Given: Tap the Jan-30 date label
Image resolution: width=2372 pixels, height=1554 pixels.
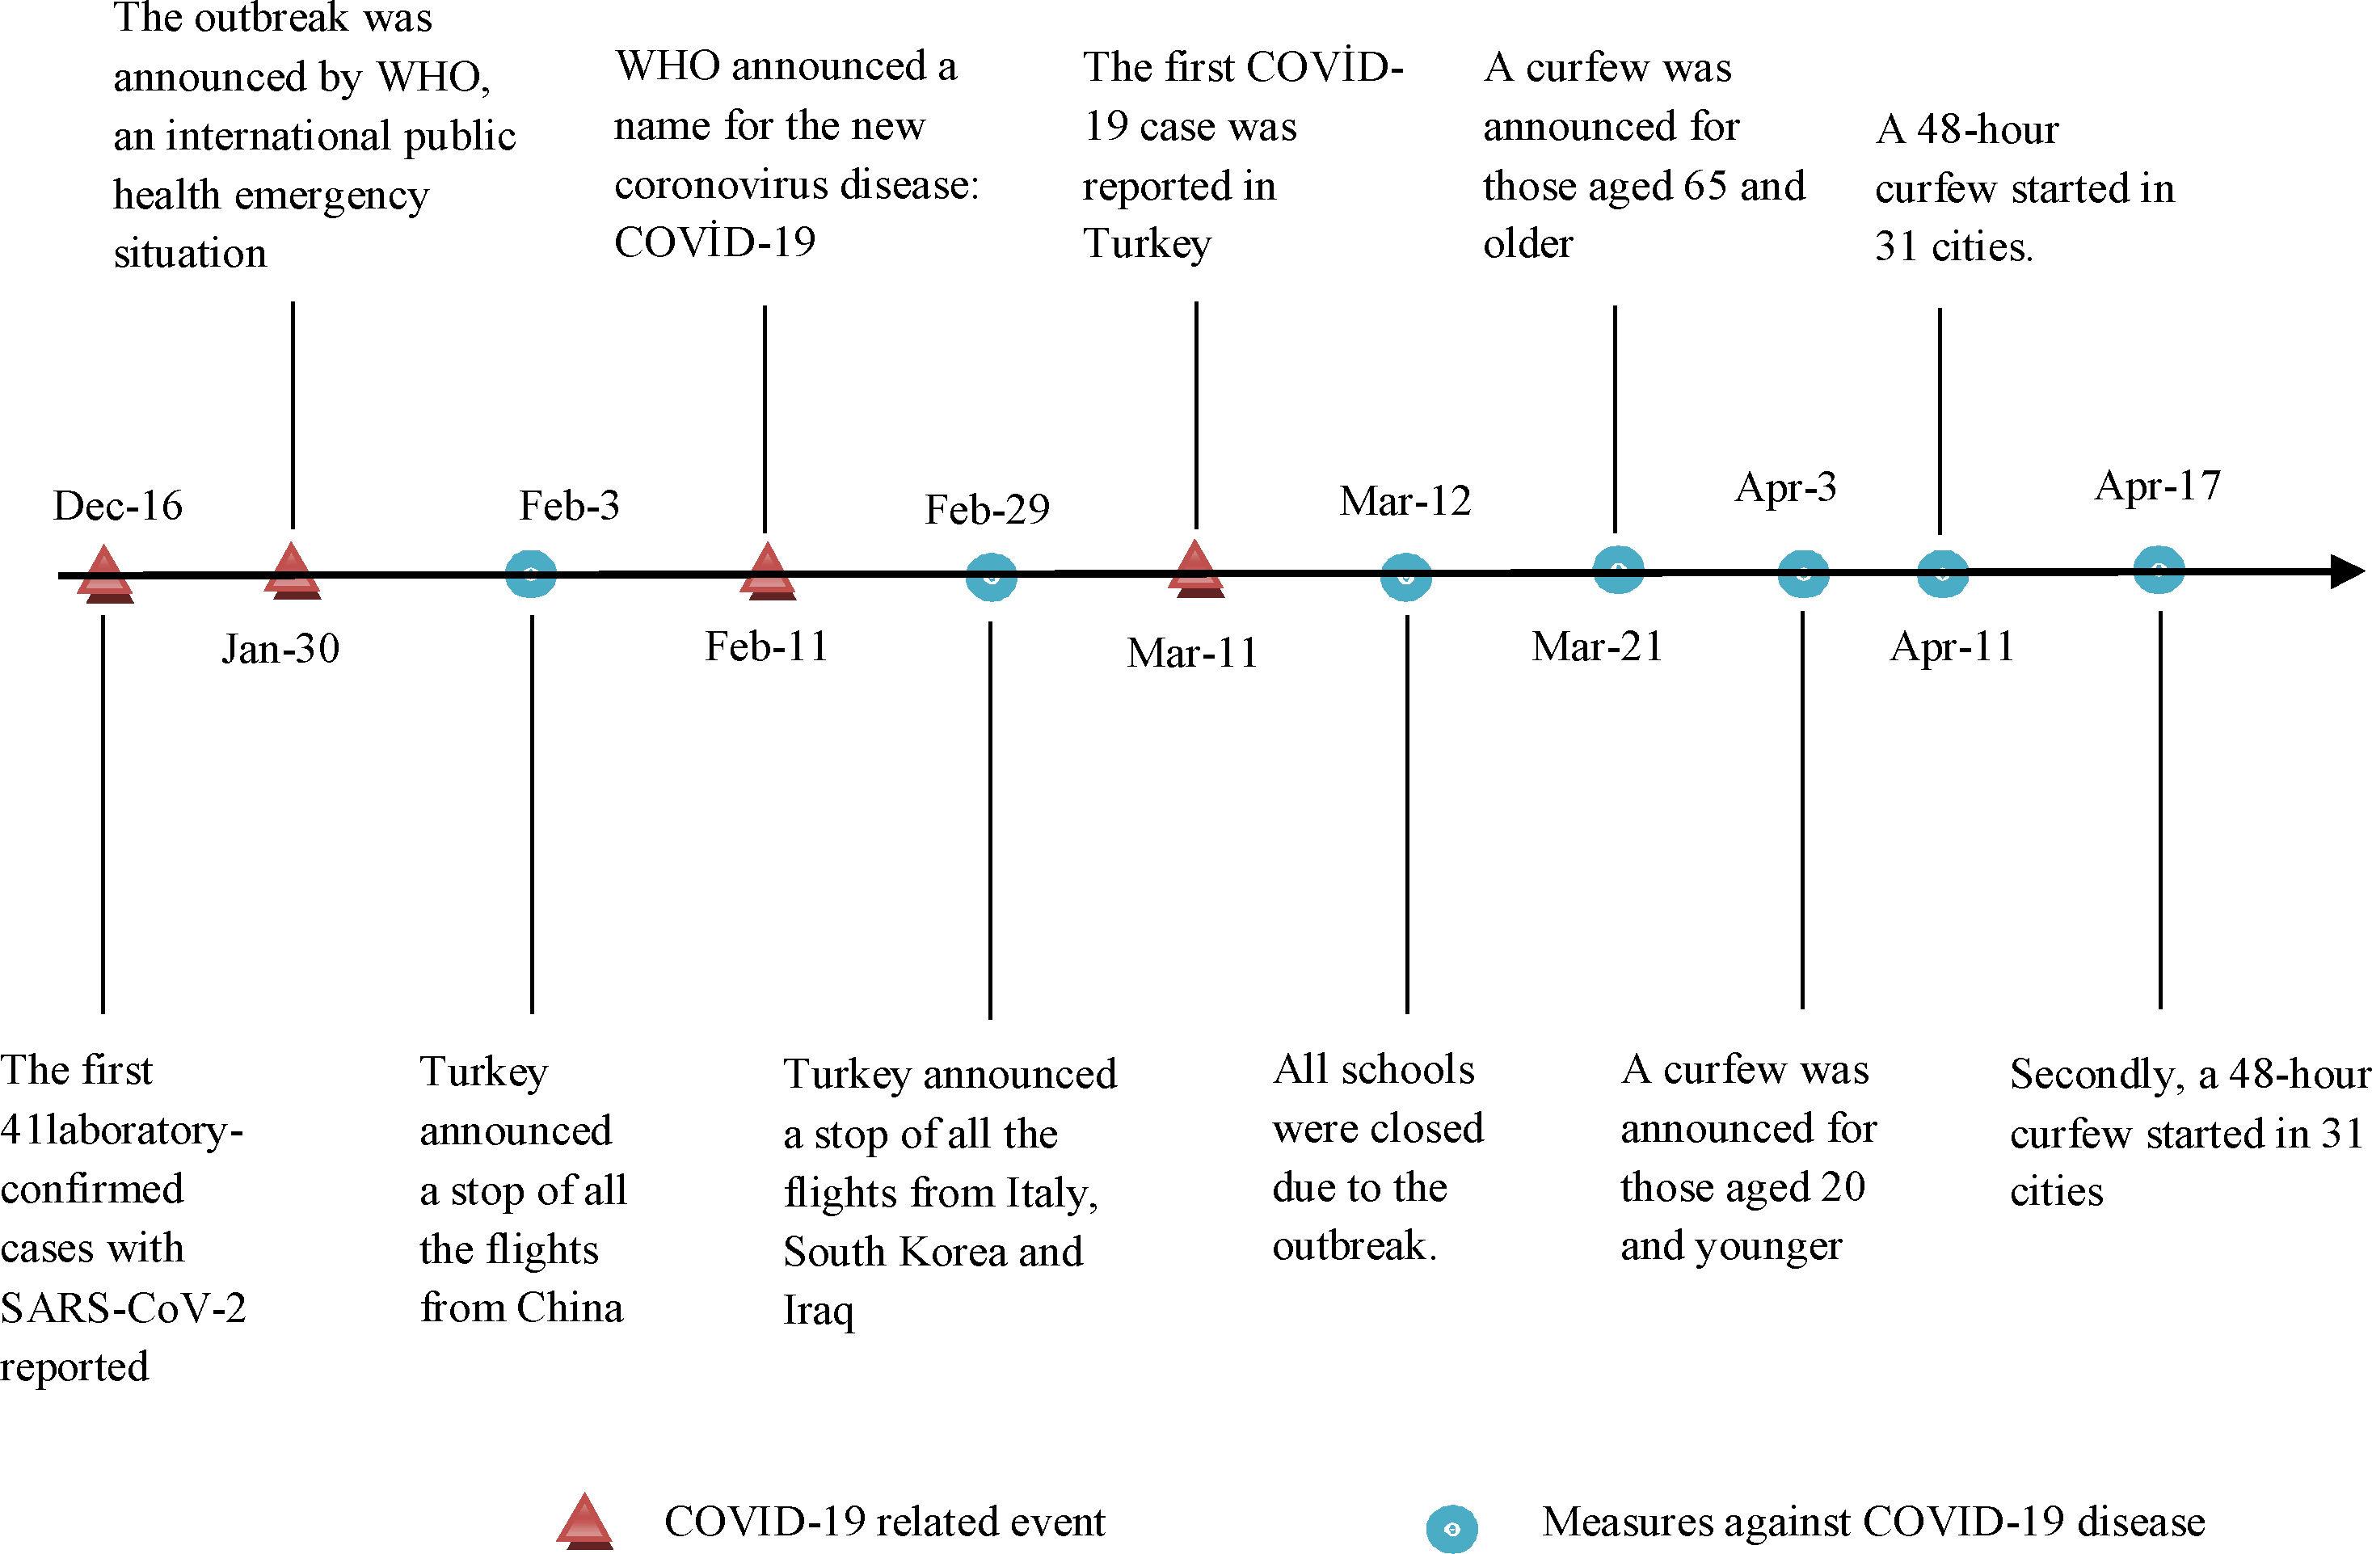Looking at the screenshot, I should tap(280, 649).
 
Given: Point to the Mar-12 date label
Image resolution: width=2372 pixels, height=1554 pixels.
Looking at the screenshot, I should tap(1405, 501).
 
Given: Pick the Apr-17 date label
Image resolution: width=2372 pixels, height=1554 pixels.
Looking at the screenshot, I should tap(2158, 486).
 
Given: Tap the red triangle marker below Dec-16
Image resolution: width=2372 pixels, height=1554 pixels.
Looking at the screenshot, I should tap(104, 575).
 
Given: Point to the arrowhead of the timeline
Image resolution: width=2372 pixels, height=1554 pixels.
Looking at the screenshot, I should tap(2347, 572).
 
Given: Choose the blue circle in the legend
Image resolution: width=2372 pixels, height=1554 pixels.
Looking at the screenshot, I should tap(1451, 1528).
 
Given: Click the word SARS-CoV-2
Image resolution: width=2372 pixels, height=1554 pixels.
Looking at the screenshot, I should tap(123, 1308).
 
